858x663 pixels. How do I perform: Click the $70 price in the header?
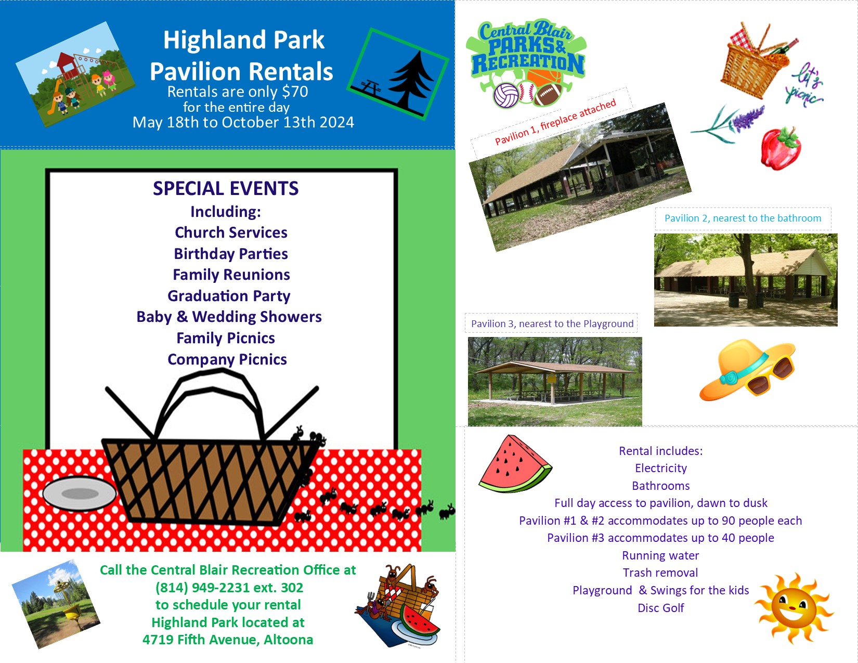pyautogui.click(x=294, y=92)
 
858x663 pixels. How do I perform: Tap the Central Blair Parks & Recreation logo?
pyautogui.click(x=526, y=63)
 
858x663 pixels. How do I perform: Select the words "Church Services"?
pyautogui.click(x=231, y=232)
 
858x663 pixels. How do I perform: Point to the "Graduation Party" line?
pyautogui.click(x=229, y=296)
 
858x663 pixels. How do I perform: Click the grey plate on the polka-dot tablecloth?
pyautogui.click(x=80, y=493)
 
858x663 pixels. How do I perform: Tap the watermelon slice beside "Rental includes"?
pyautogui.click(x=515, y=464)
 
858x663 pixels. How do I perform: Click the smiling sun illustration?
pyautogui.click(x=794, y=608)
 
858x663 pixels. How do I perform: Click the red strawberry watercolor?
pyautogui.click(x=781, y=148)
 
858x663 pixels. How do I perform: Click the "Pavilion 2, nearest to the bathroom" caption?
pyautogui.click(x=743, y=218)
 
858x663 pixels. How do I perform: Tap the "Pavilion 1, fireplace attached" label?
pyautogui.click(x=555, y=122)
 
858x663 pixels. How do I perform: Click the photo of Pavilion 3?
pyautogui.click(x=555, y=381)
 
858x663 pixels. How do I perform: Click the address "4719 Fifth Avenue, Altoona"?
pyautogui.click(x=228, y=639)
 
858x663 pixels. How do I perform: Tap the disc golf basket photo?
pyautogui.click(x=56, y=604)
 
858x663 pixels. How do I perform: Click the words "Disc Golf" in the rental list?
pyautogui.click(x=660, y=608)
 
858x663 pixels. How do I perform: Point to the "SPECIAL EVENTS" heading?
pyautogui.click(x=226, y=188)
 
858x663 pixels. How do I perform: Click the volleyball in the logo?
pyautogui.click(x=506, y=95)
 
